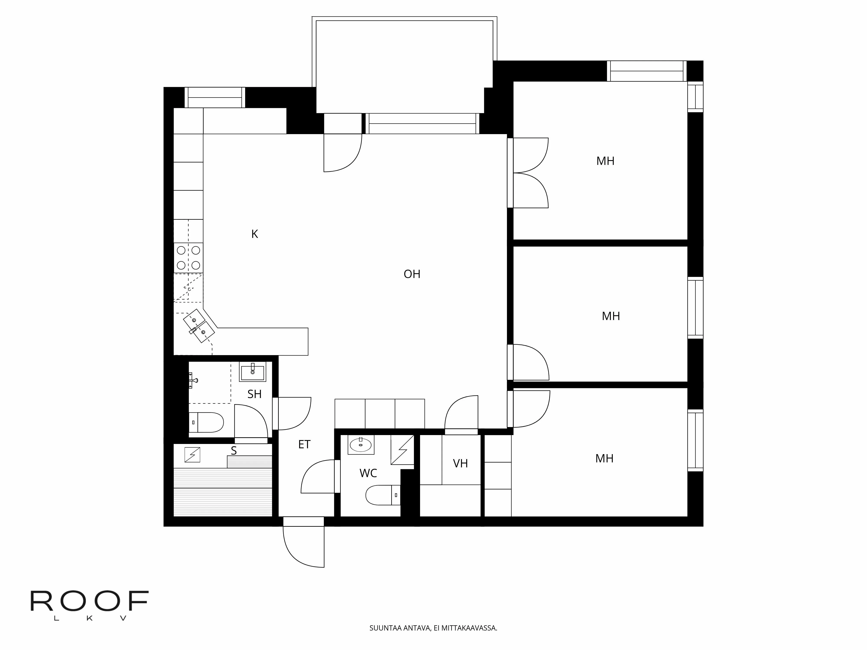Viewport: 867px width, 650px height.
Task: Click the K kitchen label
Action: (254, 234)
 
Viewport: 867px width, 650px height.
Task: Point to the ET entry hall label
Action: (304, 444)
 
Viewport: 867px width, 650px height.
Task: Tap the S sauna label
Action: (234, 451)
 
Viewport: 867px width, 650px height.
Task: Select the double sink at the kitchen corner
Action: (199, 326)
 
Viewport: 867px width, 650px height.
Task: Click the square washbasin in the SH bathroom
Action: (253, 371)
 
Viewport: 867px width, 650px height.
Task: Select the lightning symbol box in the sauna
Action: (192, 455)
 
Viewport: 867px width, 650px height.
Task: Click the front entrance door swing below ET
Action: (304, 545)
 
